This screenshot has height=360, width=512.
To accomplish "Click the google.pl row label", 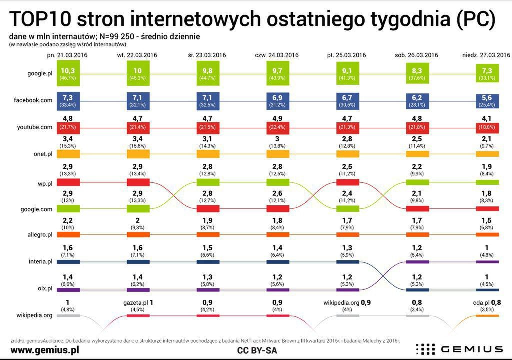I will [40, 73].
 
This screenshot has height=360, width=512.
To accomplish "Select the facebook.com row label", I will [33, 100].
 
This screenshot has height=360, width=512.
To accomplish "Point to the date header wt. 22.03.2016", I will [137, 55].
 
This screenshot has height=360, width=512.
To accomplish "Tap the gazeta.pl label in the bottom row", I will [135, 303].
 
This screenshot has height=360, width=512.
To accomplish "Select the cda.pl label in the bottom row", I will [479, 303].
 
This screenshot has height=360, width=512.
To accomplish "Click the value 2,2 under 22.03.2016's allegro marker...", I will [67, 220].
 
